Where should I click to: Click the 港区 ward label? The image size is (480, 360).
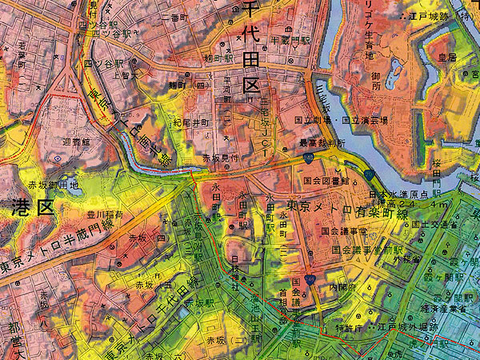tap(32, 208)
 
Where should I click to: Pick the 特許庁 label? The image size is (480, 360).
tap(349, 327)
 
